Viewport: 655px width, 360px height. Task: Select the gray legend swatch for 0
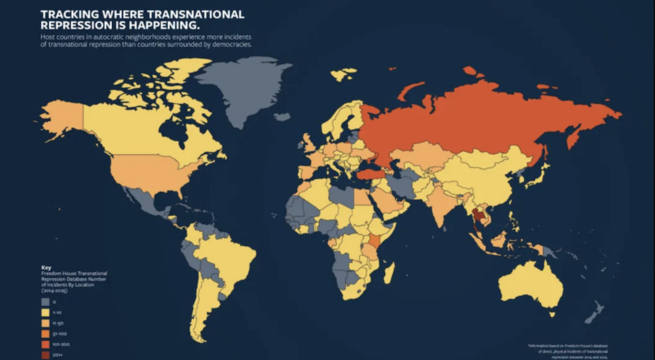45,300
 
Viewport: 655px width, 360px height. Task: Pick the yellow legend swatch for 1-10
45,311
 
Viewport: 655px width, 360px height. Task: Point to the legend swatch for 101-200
45,343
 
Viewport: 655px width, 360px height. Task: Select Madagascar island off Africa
389,274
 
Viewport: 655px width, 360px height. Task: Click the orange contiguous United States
146,171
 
